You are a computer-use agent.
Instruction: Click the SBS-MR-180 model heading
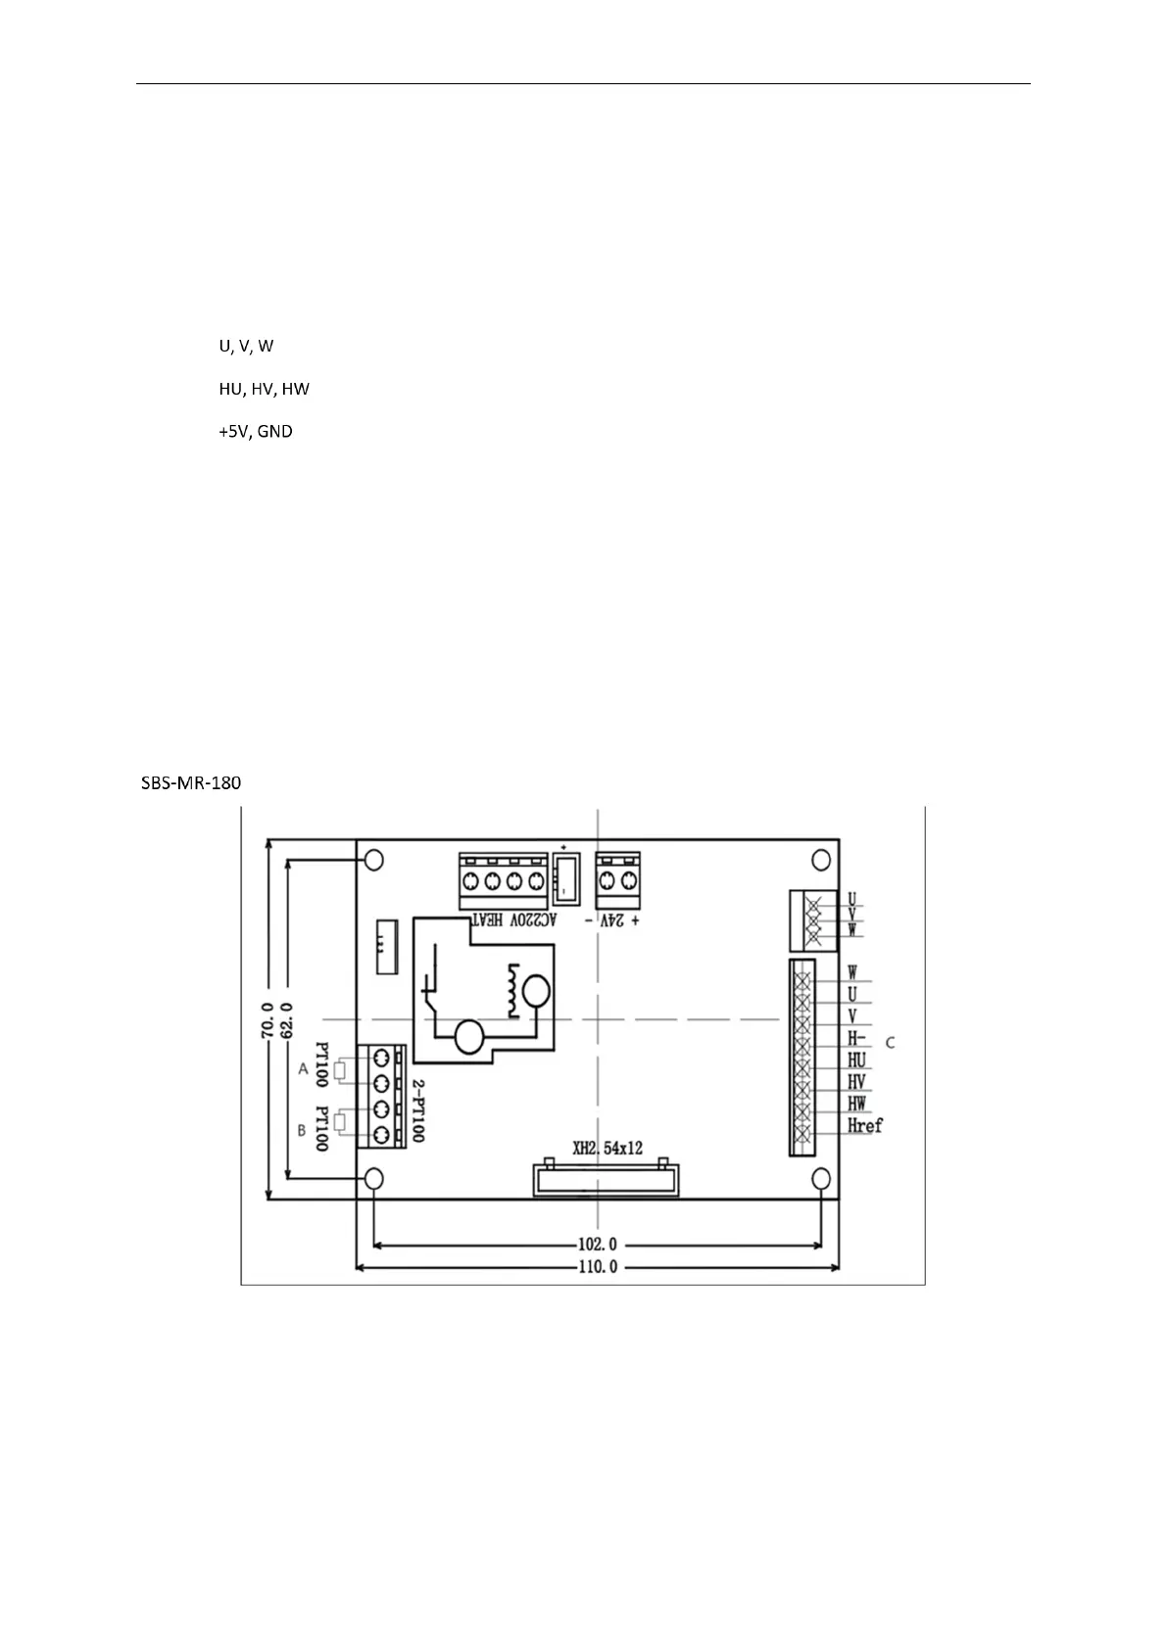[187, 783]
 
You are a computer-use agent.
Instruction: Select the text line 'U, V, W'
[246, 347]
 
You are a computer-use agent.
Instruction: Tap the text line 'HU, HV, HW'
[264, 389]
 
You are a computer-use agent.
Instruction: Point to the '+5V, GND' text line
[255, 431]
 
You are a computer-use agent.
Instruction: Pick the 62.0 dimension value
[287, 1020]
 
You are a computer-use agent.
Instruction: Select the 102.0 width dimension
[597, 1246]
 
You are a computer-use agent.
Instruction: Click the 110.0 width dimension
[597, 1267]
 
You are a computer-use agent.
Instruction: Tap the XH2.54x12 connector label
[607, 1148]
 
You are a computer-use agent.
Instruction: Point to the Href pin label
[864, 1126]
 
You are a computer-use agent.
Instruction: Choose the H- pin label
[856, 1039]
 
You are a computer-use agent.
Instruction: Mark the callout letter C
[890, 1043]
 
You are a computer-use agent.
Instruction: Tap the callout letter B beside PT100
[302, 1130]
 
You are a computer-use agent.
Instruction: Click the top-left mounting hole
[373, 860]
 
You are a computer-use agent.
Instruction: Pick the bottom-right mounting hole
[821, 1176]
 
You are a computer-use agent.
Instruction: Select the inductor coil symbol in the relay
[510, 989]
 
